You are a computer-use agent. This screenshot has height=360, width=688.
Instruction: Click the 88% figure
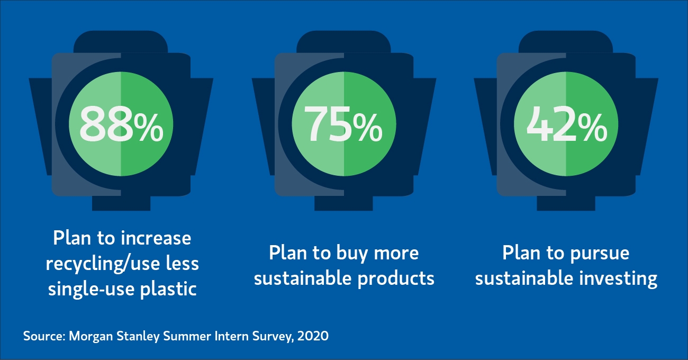coord(121,124)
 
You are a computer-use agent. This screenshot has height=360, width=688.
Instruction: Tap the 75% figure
coord(343,124)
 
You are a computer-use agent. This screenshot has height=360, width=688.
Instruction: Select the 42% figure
coord(567,124)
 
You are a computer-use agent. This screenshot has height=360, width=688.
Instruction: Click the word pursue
coord(600,254)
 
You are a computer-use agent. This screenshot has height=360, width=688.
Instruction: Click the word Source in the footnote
coord(44,336)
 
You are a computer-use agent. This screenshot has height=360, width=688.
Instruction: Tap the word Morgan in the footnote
coord(91,336)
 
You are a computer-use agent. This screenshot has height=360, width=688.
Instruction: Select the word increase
coord(156,238)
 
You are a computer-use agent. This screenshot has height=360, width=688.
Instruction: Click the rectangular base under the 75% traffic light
coord(343,203)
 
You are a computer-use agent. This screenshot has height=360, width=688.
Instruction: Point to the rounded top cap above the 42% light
coord(566,42)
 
